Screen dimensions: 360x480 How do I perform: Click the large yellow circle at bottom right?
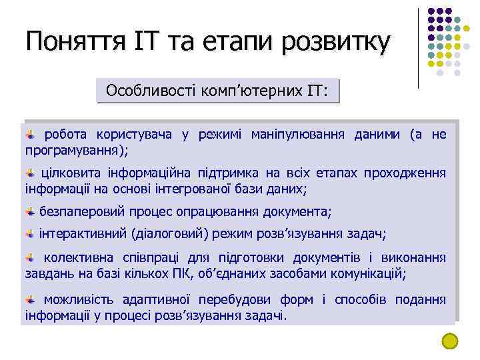451,341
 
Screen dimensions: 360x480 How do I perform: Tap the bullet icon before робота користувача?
31,134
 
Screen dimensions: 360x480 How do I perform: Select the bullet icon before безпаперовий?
31,212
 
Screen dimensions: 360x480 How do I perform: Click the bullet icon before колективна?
31,258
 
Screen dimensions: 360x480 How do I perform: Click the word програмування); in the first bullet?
77,149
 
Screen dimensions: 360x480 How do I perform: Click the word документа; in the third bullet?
297,213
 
